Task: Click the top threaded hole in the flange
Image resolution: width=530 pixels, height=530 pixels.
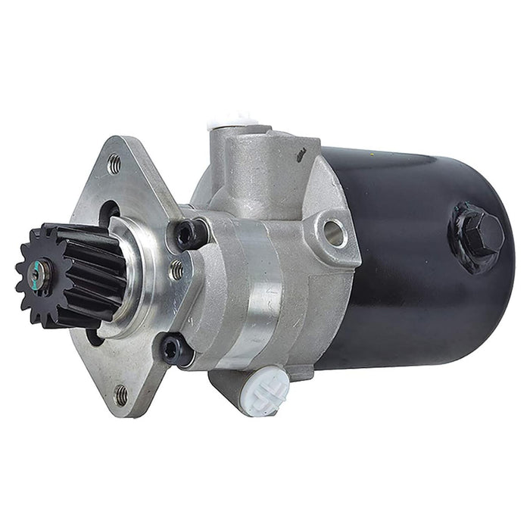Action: tap(114, 163)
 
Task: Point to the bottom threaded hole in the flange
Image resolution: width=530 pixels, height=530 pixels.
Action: tap(120, 394)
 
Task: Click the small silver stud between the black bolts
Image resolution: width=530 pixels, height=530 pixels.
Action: tap(176, 269)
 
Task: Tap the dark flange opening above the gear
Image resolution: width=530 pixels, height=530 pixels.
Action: tap(107, 213)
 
